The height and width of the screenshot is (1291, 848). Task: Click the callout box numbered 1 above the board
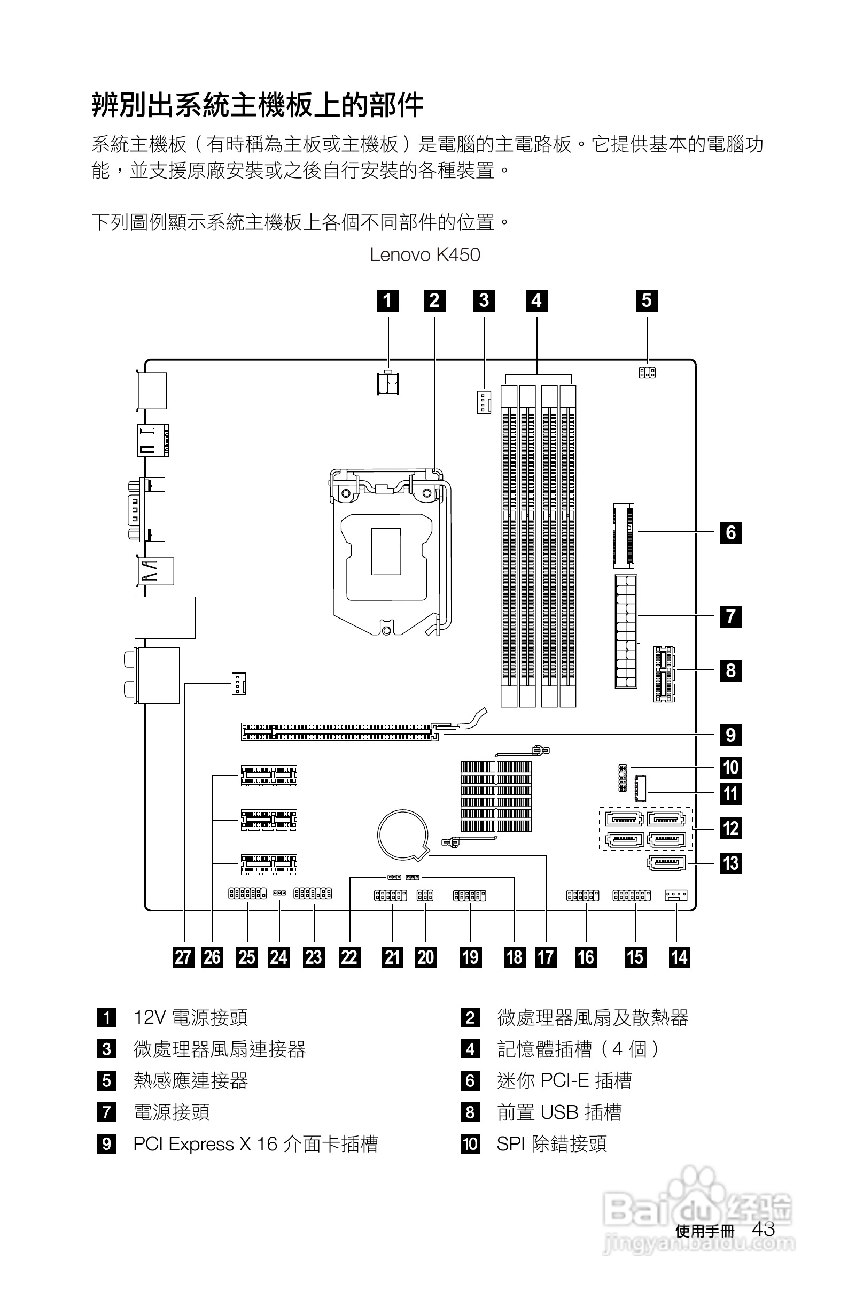[387, 300]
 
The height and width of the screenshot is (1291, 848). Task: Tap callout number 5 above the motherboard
[647, 300]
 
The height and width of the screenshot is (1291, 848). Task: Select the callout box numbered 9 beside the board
[730, 735]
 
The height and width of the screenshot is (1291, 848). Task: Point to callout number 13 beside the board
[730, 862]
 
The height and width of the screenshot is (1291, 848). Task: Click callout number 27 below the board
[183, 957]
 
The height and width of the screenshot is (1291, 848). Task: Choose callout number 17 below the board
[546, 957]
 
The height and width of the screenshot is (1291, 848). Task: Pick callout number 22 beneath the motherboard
[349, 957]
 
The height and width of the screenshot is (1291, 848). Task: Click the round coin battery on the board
[402, 836]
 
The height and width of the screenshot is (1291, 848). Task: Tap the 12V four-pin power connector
[387, 382]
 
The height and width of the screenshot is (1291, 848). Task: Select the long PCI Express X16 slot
[339, 731]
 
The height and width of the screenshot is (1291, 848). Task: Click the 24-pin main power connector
[626, 631]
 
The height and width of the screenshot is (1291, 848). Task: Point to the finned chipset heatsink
[495, 797]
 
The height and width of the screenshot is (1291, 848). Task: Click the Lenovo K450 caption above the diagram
[425, 255]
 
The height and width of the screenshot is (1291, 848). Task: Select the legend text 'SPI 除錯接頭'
[552, 1144]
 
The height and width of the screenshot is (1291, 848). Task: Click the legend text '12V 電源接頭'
[191, 1018]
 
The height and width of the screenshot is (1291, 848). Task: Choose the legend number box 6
[470, 1080]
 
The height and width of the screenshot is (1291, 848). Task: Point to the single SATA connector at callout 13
[666, 862]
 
